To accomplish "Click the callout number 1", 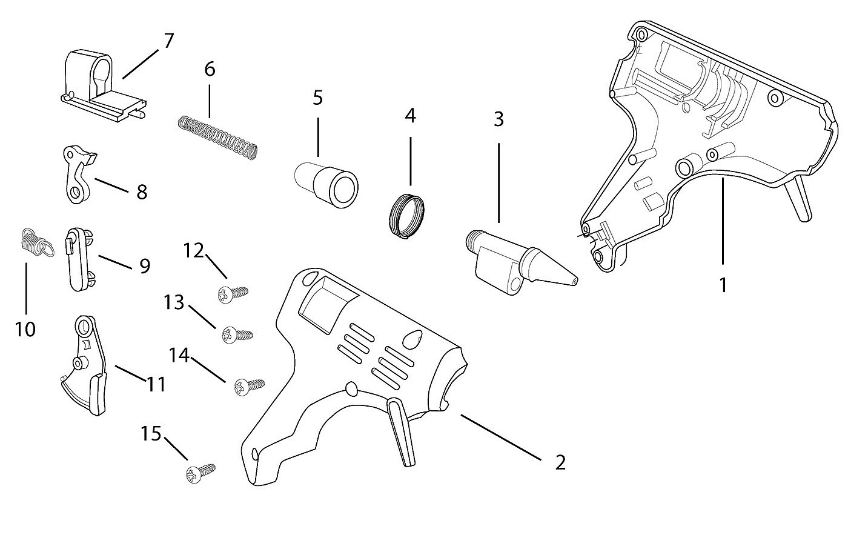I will point(723,285).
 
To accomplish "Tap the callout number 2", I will point(560,462).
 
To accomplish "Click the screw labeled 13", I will point(237,334).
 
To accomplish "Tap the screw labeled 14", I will point(248,385).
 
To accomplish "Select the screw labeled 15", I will point(200,473).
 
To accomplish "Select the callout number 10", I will point(25,330).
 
